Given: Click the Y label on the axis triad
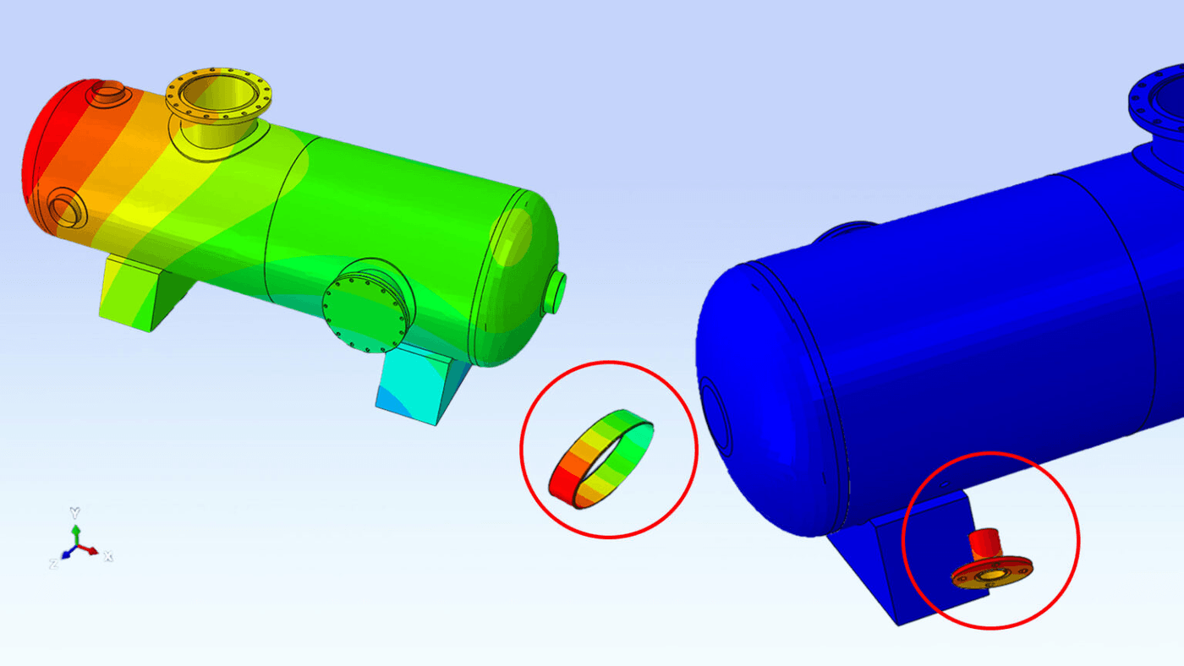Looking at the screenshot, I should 75,512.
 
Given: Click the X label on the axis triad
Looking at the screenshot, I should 108,556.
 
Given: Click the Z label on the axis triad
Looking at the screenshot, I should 53,563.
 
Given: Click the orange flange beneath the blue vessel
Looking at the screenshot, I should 992,572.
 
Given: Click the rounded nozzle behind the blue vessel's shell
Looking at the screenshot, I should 846,229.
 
